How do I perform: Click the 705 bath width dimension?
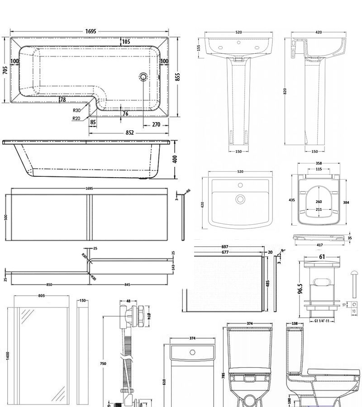click(5, 70)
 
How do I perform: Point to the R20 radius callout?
click(76, 118)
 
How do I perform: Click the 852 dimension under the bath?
click(129, 133)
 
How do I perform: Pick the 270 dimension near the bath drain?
click(156, 124)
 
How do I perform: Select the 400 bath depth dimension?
click(175, 159)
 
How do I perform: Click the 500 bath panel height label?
click(6, 218)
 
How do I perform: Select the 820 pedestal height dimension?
click(285, 91)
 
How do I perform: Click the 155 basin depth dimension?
click(199, 47)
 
